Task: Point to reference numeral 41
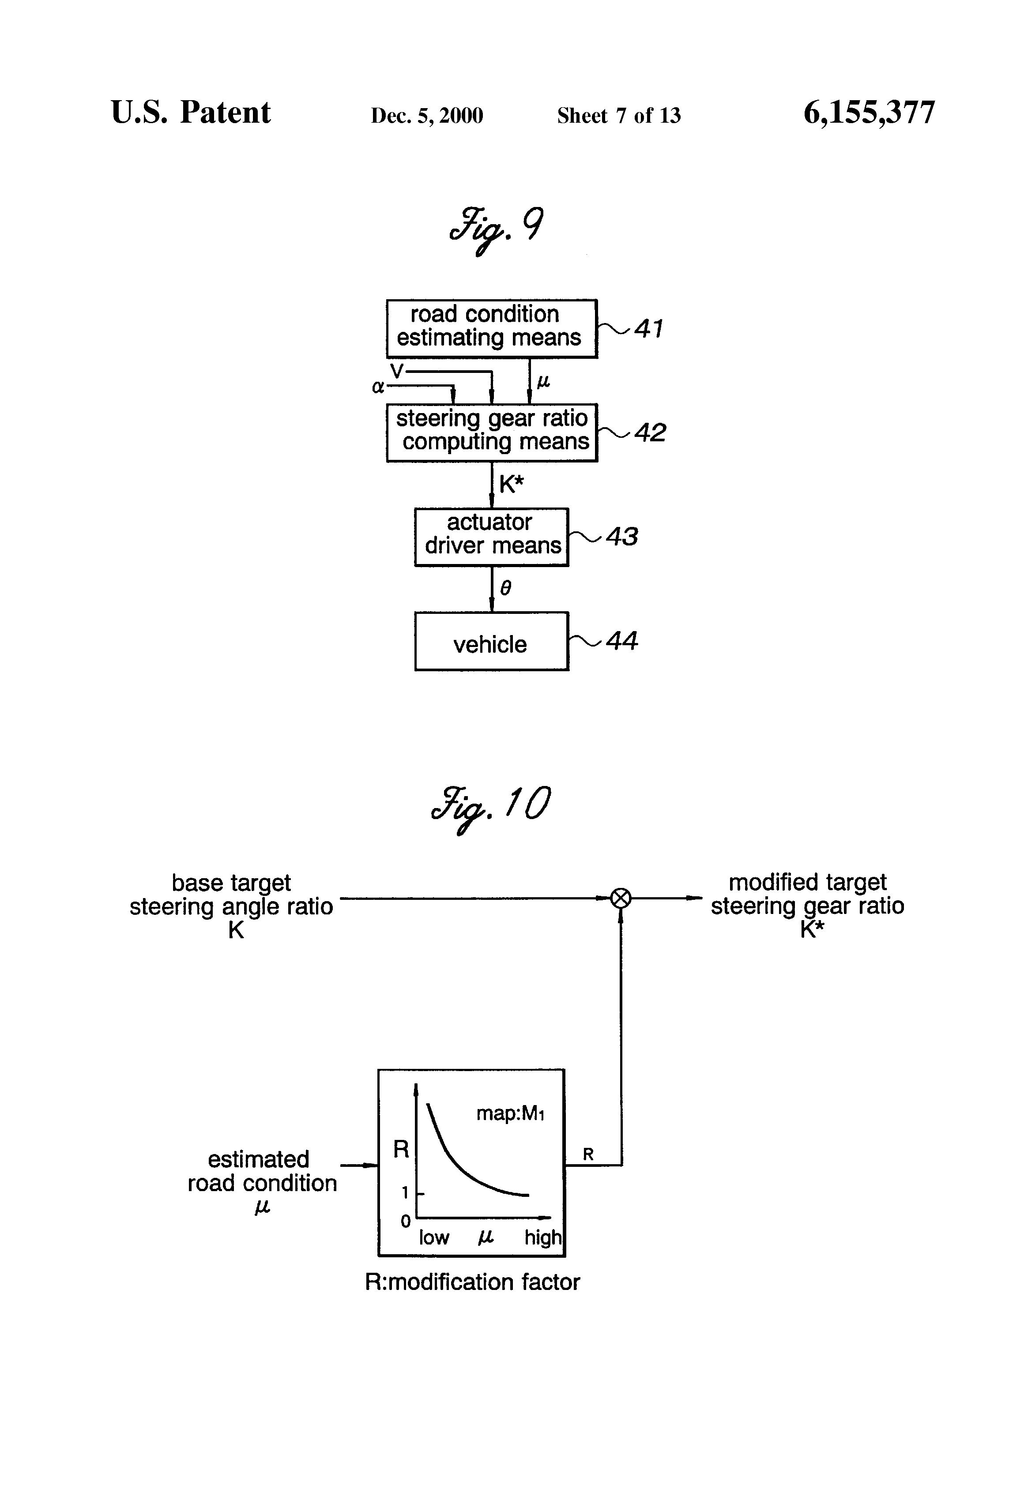[x=648, y=329]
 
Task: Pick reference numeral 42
[x=650, y=432]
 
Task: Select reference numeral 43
[x=622, y=537]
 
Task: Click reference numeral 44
[x=622, y=641]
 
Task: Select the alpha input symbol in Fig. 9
[x=378, y=387]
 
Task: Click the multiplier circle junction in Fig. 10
[x=621, y=898]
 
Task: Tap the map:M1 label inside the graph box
[x=511, y=1113]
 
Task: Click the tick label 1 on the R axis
[x=405, y=1192]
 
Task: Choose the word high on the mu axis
[x=543, y=1237]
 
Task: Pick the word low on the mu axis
[x=434, y=1237]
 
